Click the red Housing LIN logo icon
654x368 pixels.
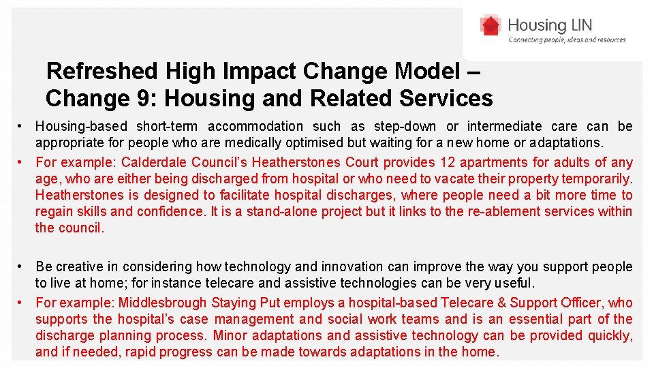click(490, 26)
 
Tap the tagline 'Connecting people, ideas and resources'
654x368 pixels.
click(567, 40)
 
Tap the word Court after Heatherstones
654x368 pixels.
click(361, 162)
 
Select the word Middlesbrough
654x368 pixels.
click(163, 303)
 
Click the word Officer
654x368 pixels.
click(581, 303)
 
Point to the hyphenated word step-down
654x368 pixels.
click(407, 126)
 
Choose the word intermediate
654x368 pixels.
click(505, 126)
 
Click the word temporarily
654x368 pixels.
click(597, 179)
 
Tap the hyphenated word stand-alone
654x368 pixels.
click(278, 211)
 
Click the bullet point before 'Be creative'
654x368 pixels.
click(22, 267)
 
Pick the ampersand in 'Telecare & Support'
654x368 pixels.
click(501, 303)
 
